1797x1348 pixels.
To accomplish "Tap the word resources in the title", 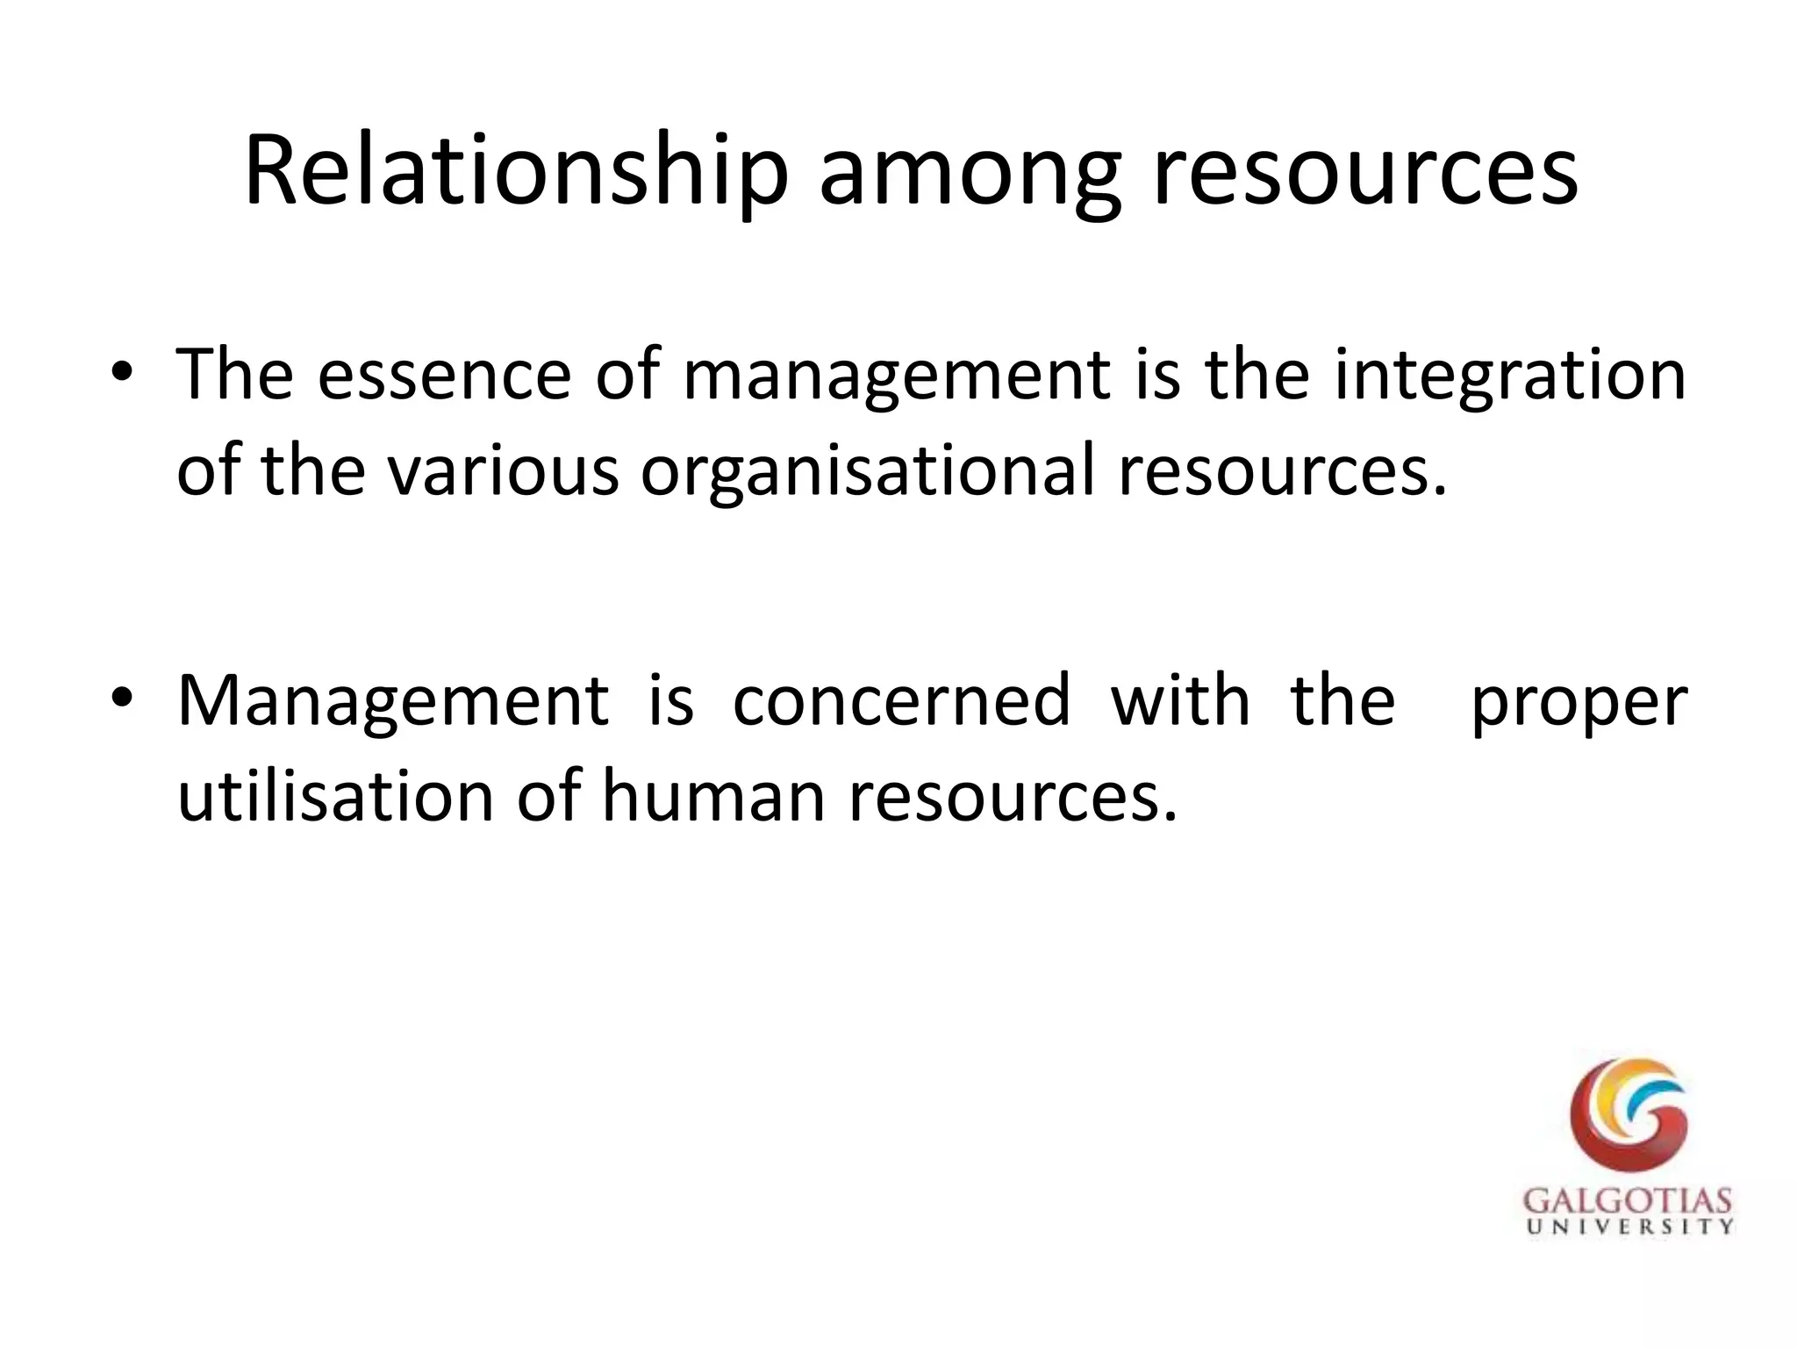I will coord(1364,174).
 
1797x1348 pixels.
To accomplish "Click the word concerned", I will coord(901,700).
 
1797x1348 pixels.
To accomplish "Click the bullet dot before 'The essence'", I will coord(122,372).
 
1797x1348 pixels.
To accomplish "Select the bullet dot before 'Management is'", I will coord(122,698).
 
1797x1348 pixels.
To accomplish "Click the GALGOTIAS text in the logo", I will coord(1628,1201).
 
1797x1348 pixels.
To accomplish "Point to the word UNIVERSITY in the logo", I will coord(1629,1226).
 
